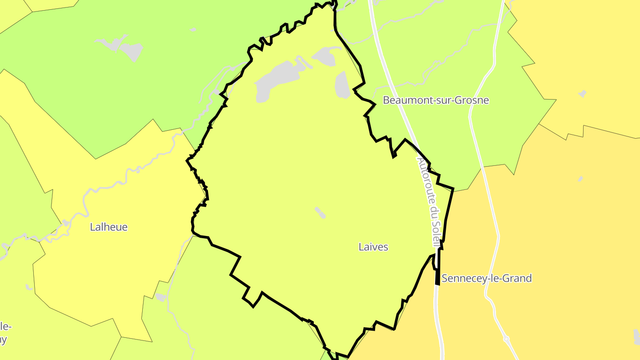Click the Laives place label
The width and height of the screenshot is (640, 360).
(x=373, y=247)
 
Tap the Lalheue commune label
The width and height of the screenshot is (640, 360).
(x=108, y=227)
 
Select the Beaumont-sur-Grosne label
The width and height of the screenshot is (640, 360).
(x=436, y=100)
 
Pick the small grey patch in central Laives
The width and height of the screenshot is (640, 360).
(x=320, y=212)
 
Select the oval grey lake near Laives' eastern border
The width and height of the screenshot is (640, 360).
(x=342, y=85)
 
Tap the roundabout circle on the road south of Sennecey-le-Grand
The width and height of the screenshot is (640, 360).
(x=506, y=339)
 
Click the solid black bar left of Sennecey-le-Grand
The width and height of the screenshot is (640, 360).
(x=438, y=276)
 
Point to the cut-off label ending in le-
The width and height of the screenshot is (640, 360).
(x=5, y=327)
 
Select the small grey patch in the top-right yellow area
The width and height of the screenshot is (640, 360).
(x=582, y=94)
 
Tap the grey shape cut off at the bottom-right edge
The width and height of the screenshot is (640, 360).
(x=637, y=336)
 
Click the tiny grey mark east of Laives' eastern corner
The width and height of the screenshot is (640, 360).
(x=580, y=179)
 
